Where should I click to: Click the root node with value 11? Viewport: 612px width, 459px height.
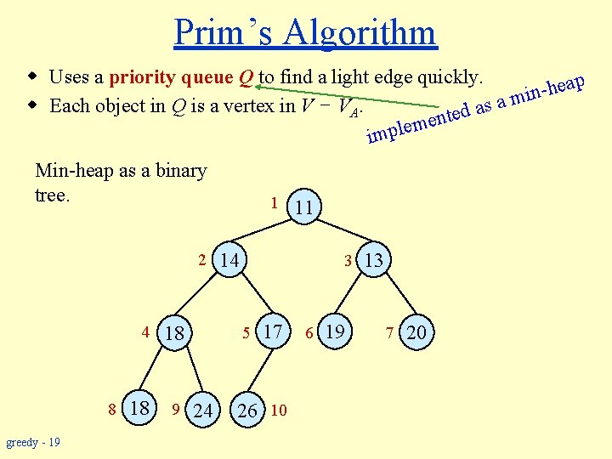click(305, 206)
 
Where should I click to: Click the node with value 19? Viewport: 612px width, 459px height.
click(335, 330)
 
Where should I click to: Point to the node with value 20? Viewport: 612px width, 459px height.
click(416, 332)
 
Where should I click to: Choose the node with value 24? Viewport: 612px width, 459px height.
click(202, 411)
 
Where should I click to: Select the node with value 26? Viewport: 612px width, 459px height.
click(247, 411)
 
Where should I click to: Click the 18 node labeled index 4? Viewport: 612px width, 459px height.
click(174, 332)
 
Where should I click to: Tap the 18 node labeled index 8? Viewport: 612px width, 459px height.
click(138, 408)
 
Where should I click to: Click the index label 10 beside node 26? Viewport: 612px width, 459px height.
click(279, 411)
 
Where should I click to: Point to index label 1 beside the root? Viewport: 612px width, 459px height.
click(273, 203)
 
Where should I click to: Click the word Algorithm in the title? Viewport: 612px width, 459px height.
click(360, 32)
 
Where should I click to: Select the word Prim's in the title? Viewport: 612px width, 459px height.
click(224, 32)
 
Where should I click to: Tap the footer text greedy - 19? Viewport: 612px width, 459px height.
click(32, 442)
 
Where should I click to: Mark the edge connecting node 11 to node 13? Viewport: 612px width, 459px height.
click(338, 232)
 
